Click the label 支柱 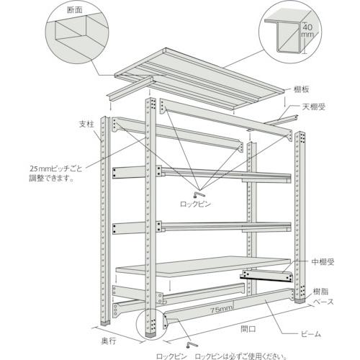pos(86,123)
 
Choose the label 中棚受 pos(321,263)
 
